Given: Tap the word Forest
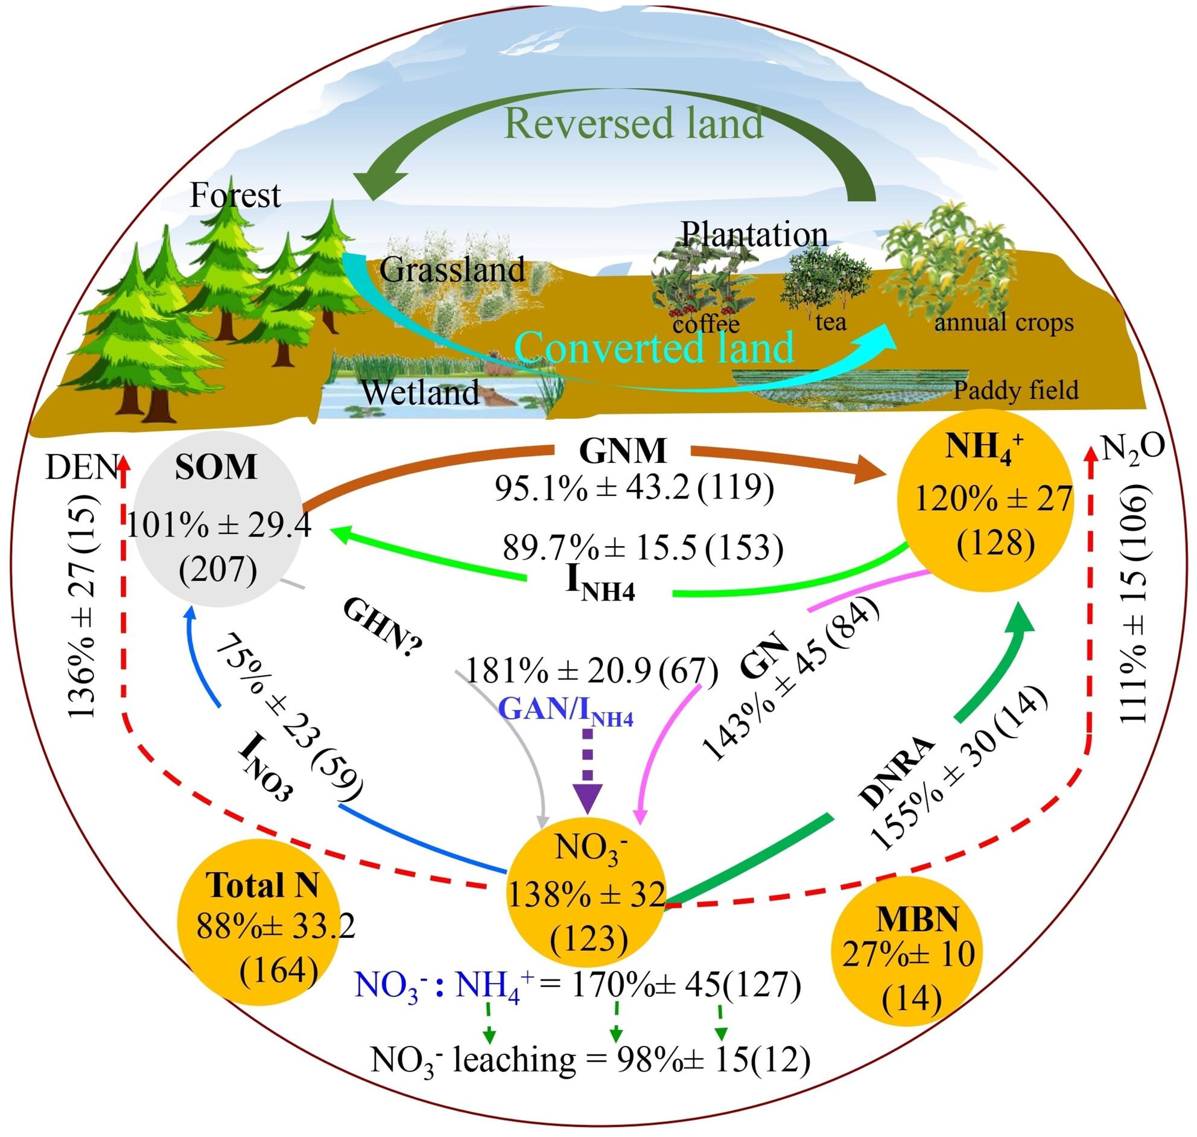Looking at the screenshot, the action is tap(235, 195).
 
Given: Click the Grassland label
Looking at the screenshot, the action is tap(452, 270).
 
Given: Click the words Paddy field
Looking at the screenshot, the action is tap(1017, 390).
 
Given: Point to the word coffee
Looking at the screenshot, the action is tap(706, 323).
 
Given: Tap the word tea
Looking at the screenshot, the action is tap(831, 321).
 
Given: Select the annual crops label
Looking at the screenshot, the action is tap(1004, 323).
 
